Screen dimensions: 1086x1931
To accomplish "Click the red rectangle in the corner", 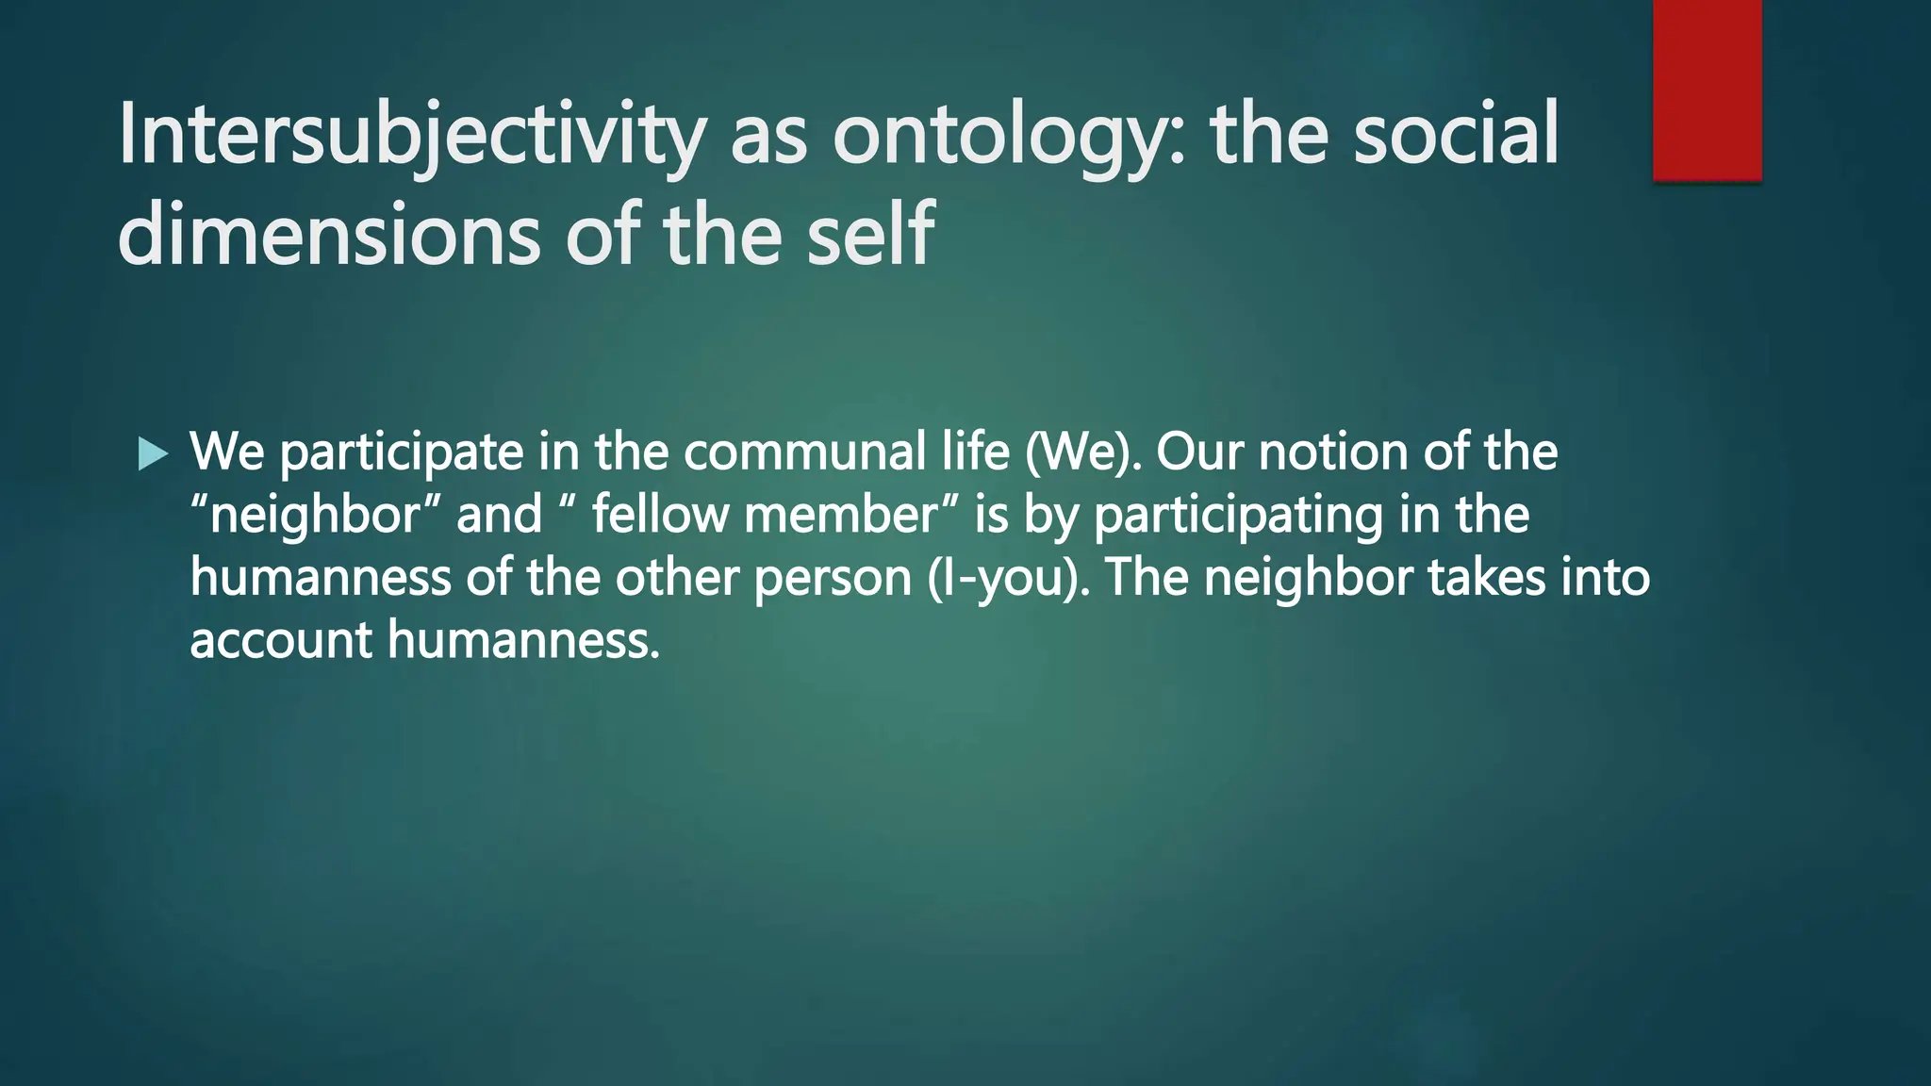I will pyautogui.click(x=1707, y=90).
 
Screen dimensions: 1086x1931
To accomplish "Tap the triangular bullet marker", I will pyautogui.click(x=152, y=454).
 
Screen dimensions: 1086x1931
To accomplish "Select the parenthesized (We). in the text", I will pyautogui.click(x=1083, y=452).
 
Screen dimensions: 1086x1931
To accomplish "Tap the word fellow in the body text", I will pyautogui.click(x=661, y=515).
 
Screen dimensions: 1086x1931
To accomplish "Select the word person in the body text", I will pyautogui.click(x=833, y=577).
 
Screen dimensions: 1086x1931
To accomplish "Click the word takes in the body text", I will pyautogui.click(x=1487, y=577).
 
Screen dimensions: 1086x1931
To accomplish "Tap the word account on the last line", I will pyautogui.click(x=281, y=640).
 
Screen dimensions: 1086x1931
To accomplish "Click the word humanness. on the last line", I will pyautogui.click(x=523, y=640).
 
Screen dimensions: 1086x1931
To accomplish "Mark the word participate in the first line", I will pyautogui.click(x=402, y=452).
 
